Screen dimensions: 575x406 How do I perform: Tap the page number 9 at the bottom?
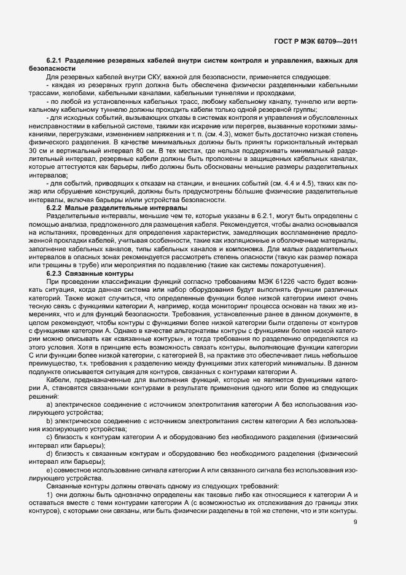[x=355, y=522]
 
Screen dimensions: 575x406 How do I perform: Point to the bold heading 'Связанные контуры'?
[x=91, y=273]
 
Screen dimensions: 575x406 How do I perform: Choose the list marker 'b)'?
[x=50, y=421]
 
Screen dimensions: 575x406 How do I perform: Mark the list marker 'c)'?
[x=50, y=437]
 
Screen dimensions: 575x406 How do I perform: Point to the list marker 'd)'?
[x=50, y=453]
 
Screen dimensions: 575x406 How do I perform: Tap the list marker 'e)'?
[x=50, y=469]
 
